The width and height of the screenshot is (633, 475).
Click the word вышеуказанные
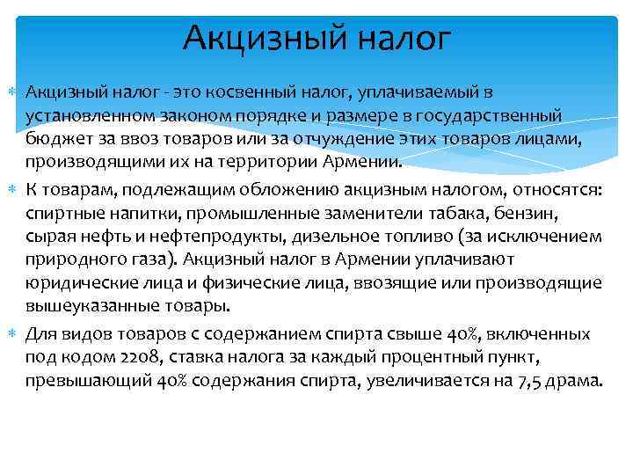(x=82, y=306)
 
